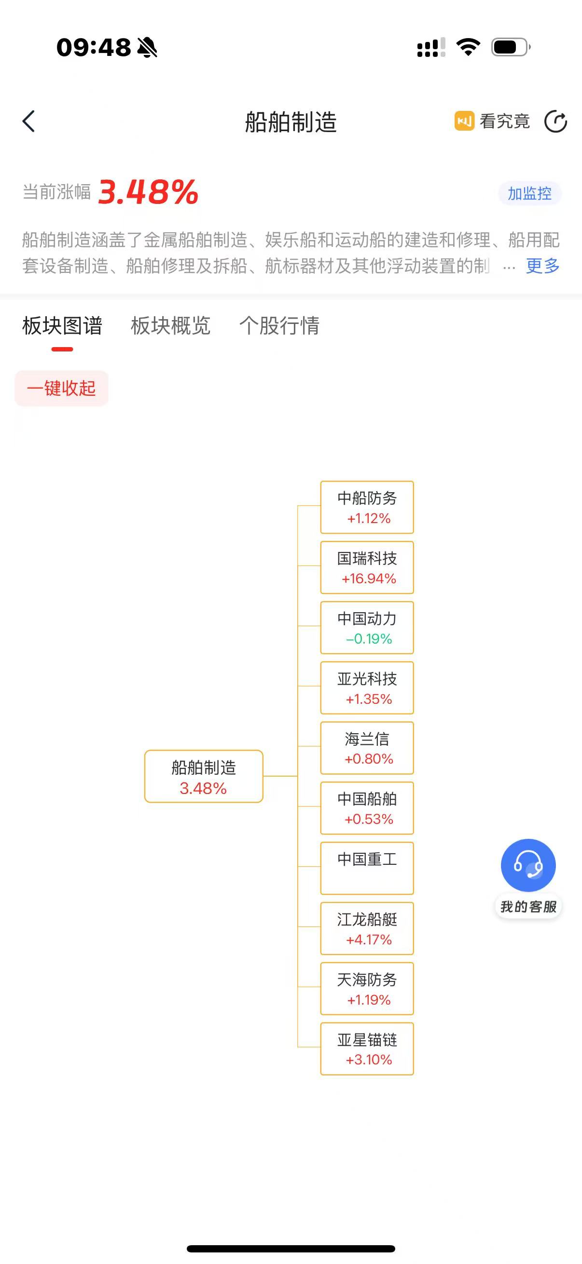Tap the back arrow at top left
point(29,121)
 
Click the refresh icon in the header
point(555,121)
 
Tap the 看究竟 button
point(492,121)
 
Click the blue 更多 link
point(542,266)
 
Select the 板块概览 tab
point(170,326)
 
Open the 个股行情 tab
point(279,326)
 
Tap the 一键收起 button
point(61,389)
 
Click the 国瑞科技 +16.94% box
point(367,568)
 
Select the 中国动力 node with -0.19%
point(367,628)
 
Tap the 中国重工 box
point(367,868)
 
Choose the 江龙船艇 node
point(367,928)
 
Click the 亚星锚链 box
point(367,1049)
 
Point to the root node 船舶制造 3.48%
point(204,776)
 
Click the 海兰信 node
point(367,748)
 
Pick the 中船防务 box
point(367,507)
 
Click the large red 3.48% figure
point(148,192)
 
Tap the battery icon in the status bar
point(510,47)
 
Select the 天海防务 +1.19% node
point(367,988)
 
